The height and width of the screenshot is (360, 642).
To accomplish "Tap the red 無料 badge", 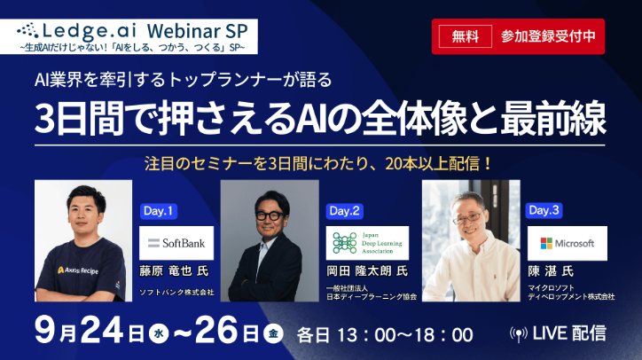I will pyautogui.click(x=465, y=36).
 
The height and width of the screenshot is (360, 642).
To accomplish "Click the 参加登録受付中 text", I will pyautogui.click(x=546, y=36).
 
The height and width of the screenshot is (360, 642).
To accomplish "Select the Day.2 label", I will pyautogui.click(x=345, y=211).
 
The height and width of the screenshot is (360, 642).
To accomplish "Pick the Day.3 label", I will pyautogui.click(x=544, y=211).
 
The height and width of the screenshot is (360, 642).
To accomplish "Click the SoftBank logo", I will pyautogui.click(x=176, y=242).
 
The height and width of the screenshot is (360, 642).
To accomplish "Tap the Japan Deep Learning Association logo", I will pyautogui.click(x=363, y=242).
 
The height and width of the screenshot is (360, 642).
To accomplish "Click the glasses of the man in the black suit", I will pyautogui.click(x=270, y=213).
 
